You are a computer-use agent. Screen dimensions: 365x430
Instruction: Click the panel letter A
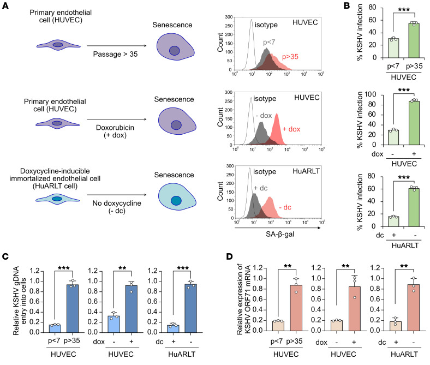click(x=5, y=5)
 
